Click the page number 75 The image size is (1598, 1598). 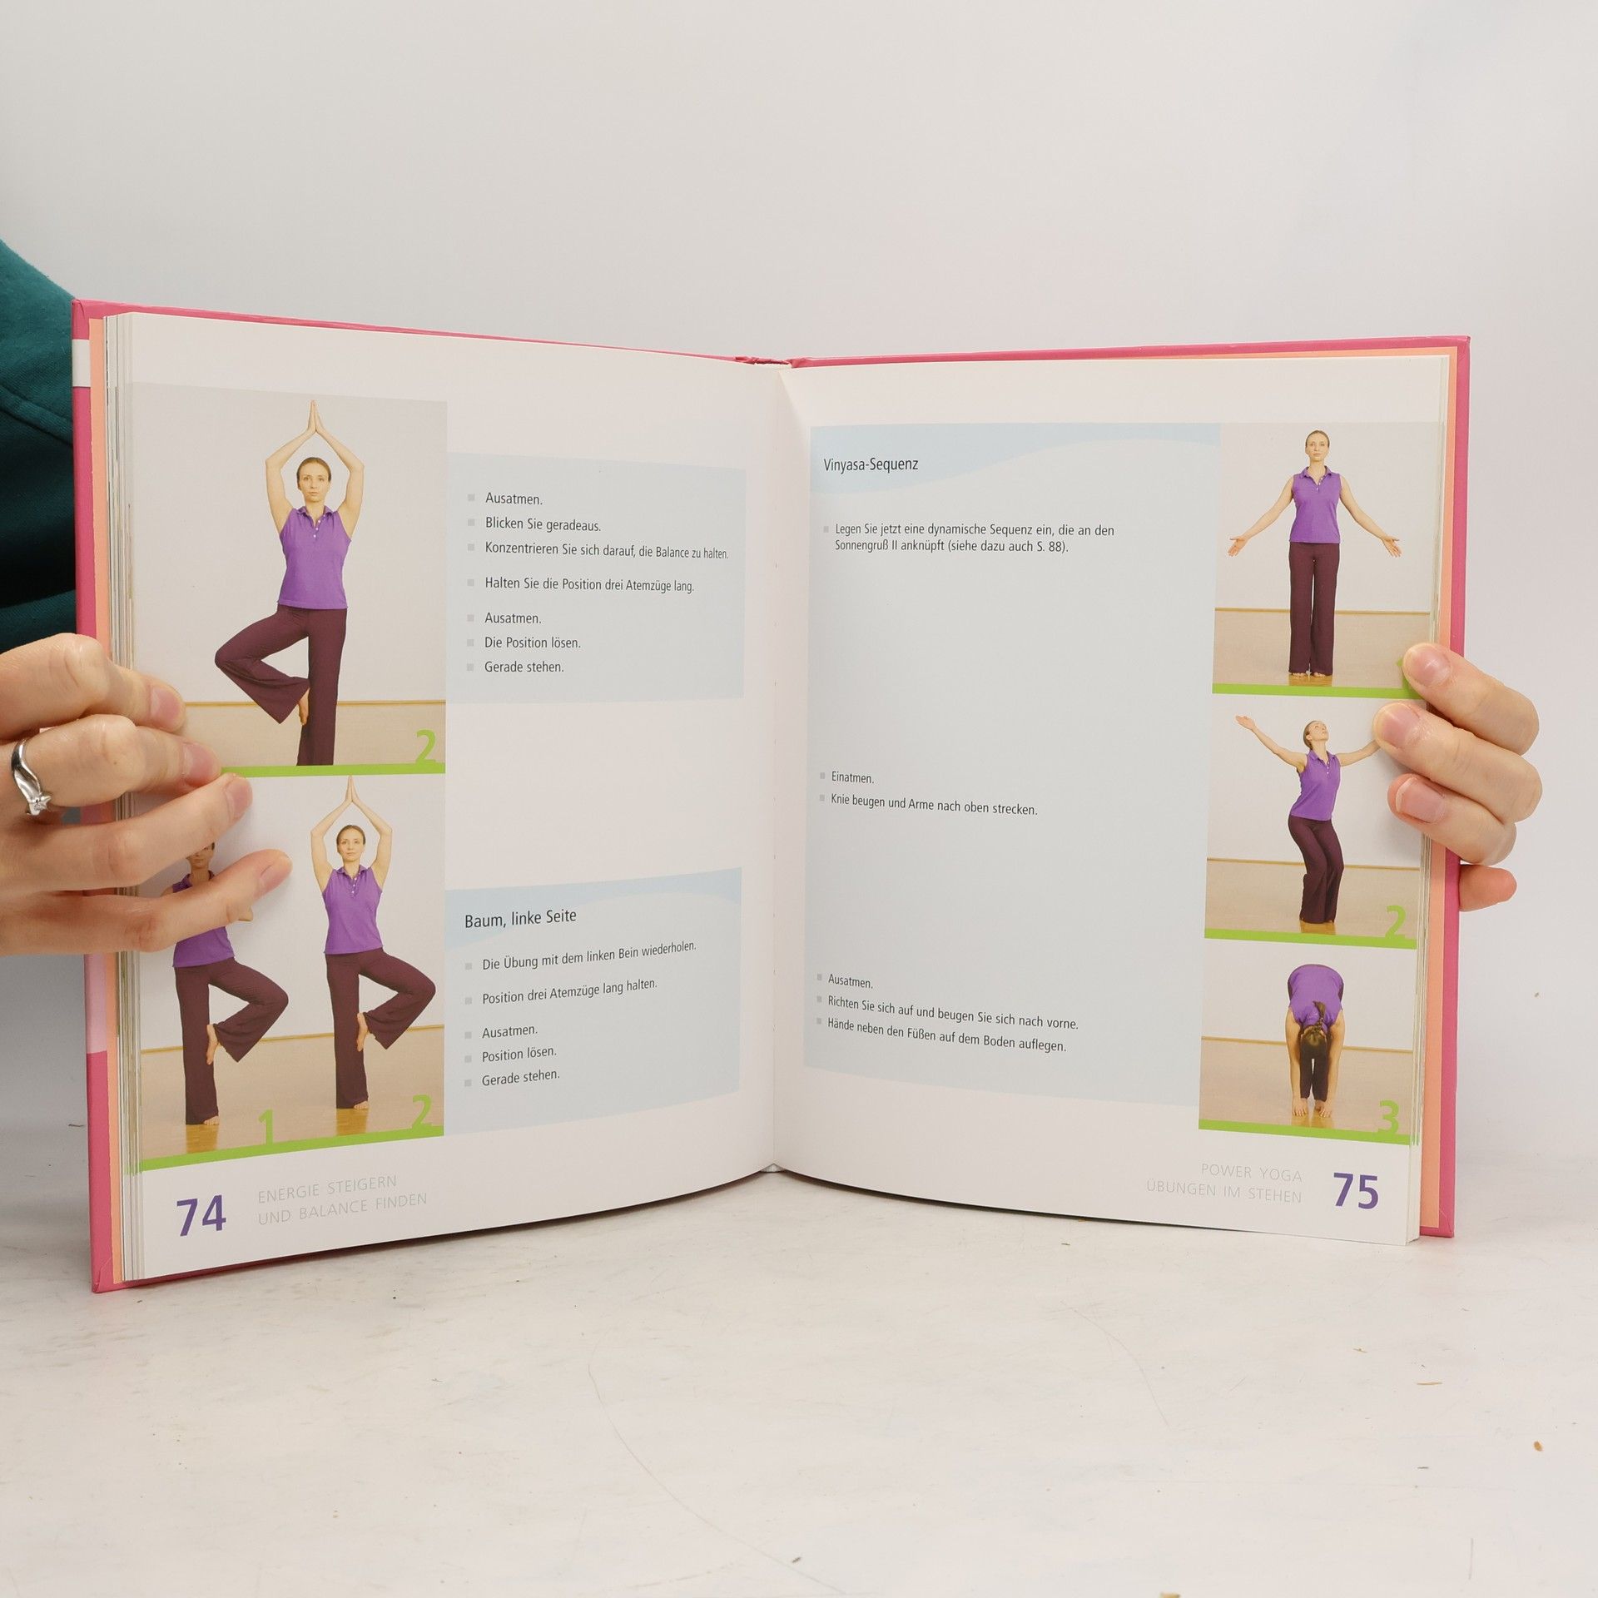pyautogui.click(x=1356, y=1192)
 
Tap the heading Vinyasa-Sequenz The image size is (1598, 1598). pyautogui.click(x=871, y=464)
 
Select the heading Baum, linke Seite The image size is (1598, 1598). pyautogui.click(x=520, y=917)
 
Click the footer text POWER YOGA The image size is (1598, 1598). pyautogui.click(x=1252, y=1173)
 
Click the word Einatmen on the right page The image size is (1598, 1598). pyautogui.click(x=852, y=778)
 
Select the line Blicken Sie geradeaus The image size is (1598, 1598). pyautogui.click(x=543, y=524)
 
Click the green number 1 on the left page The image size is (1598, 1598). pyautogui.click(x=266, y=1128)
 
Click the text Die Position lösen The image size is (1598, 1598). pyautogui.click(x=533, y=643)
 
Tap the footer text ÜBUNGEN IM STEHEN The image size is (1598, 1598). pyautogui.click(x=1223, y=1195)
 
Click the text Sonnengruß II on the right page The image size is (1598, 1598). pyautogui.click(x=873, y=547)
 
